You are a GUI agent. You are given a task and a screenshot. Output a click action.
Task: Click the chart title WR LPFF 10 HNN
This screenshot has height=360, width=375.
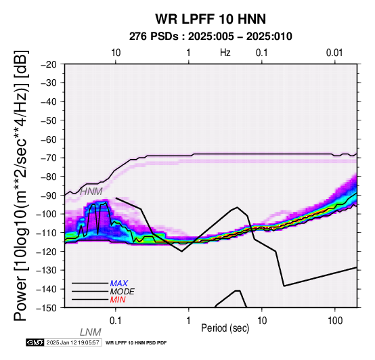point(211,19)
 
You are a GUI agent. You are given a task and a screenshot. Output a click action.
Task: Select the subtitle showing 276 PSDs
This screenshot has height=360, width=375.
point(211,37)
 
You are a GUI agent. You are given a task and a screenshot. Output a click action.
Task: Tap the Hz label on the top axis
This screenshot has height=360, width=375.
point(225,53)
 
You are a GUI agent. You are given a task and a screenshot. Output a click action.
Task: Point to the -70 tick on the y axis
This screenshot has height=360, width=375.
point(49,158)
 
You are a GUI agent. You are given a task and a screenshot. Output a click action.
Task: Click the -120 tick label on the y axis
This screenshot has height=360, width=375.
point(47,252)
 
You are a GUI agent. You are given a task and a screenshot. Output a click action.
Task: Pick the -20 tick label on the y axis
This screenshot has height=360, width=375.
point(49,64)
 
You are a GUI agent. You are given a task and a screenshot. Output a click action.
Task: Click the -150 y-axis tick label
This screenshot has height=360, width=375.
point(47,308)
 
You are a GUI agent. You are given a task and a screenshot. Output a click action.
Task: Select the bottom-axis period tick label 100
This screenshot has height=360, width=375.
point(335,321)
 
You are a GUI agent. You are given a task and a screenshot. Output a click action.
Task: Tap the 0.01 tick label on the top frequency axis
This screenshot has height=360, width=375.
point(334,53)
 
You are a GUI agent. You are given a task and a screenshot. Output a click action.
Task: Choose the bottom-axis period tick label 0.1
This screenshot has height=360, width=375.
point(115,321)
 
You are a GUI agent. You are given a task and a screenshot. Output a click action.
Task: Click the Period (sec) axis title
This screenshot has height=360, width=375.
point(225,328)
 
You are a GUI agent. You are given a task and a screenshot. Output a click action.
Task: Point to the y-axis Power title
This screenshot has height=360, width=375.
point(20,185)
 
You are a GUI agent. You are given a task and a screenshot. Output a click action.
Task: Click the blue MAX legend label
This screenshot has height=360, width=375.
point(118,284)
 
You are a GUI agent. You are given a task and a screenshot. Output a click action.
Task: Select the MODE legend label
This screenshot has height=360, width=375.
point(123,292)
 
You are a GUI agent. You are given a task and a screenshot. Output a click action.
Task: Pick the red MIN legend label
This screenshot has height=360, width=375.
point(118,300)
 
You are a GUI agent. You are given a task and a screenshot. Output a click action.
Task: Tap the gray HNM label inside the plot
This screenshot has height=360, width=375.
point(91,192)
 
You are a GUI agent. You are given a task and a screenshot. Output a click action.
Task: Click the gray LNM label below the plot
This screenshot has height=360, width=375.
point(91,332)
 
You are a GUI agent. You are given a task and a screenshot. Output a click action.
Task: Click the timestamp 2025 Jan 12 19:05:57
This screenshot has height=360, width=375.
point(72,343)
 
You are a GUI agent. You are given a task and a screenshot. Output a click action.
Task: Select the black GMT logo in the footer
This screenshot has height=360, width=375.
point(35,342)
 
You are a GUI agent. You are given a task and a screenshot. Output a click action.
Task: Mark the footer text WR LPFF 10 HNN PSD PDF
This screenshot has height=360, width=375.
point(136,343)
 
